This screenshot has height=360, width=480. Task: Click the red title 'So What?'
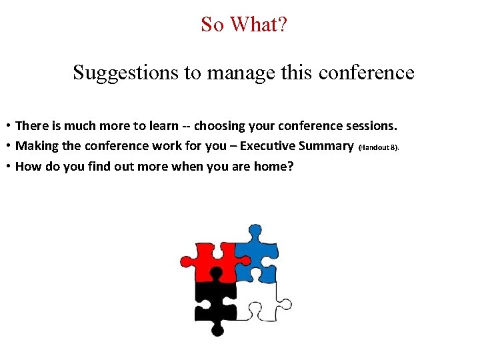[243, 25]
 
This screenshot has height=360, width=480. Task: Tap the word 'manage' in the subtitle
[241, 72]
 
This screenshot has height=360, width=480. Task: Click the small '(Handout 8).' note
[379, 147]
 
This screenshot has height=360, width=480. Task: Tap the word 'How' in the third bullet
[27, 167]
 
